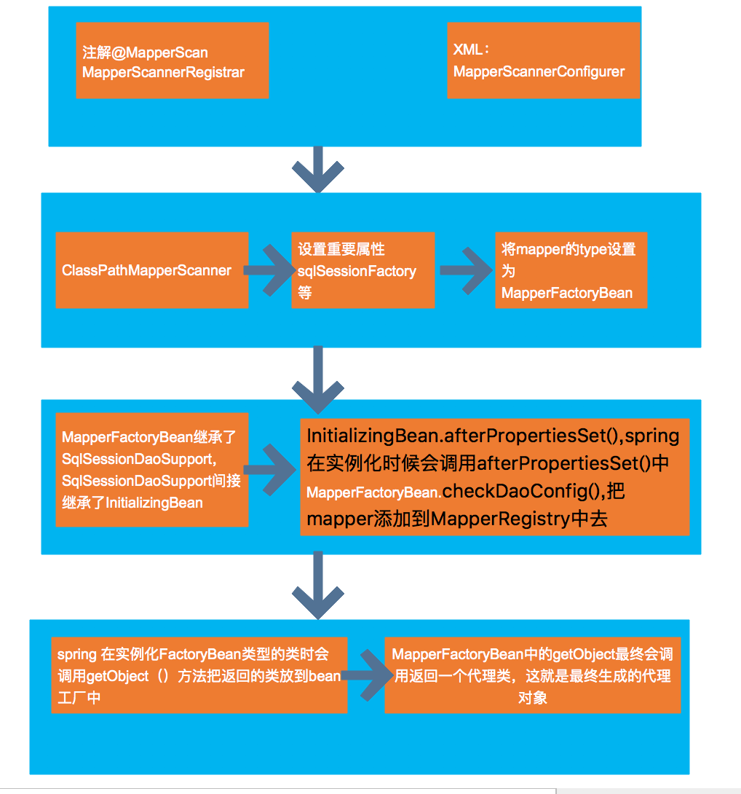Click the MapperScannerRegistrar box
[173, 60]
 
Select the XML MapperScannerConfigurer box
[543, 60]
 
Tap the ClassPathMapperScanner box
[152, 270]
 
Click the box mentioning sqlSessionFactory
[362, 270]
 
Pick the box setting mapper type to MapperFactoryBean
[571, 270]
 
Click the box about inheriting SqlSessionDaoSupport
[152, 470]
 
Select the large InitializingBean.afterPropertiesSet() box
[494, 477]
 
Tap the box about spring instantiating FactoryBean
[199, 675]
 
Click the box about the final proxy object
[532, 675]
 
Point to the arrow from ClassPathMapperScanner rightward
[268, 270]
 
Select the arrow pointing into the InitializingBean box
[272, 470]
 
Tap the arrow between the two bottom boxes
[366, 675]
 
